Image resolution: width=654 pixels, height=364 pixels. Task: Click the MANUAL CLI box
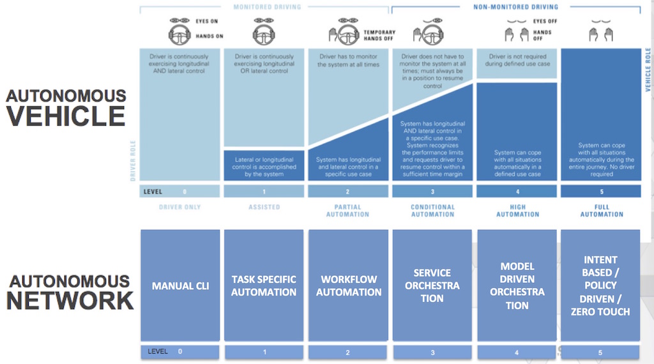[180, 285]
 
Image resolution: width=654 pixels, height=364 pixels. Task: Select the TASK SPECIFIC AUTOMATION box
[264, 285]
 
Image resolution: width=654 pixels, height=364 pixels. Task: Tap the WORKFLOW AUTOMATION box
[349, 285]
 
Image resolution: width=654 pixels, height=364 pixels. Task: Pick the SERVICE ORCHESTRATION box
[432, 285]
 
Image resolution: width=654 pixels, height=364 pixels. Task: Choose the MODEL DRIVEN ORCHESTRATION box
[517, 285]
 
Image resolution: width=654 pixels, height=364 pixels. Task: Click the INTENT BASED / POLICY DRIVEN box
[600, 285]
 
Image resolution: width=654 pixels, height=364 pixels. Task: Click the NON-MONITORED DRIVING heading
[515, 7]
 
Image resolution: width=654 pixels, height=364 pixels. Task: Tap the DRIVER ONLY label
[179, 208]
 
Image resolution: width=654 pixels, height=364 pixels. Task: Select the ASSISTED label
[264, 208]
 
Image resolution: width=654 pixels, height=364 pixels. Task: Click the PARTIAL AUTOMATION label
[348, 211]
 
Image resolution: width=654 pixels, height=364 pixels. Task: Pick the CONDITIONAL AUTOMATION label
[432, 211]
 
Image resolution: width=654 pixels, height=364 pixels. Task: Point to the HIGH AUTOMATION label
[517, 211]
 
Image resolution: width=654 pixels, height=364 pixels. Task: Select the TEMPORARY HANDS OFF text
[379, 36]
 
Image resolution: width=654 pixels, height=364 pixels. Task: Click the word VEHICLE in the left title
[66, 116]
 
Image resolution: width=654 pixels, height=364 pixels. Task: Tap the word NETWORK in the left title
[70, 300]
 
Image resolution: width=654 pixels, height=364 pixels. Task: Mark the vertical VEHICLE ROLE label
[648, 70]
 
